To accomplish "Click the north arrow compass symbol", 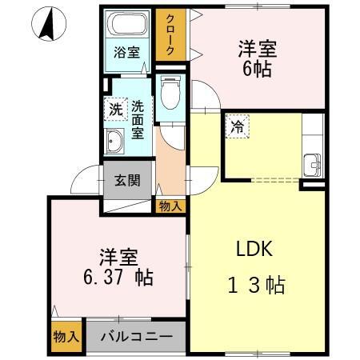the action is coord(49,23).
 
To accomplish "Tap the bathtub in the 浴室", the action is coord(127,23).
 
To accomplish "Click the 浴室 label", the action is coord(126,52).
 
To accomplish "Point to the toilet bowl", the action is coord(170,93).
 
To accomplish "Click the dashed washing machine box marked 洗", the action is coord(116,110).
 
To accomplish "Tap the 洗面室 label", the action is coord(138,119).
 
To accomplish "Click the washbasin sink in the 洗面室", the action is coord(114,141).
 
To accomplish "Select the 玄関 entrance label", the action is coord(127,180).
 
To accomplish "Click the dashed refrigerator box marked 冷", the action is coord(237,126).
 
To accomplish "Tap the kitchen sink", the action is coord(312,165).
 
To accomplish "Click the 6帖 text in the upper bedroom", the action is coord(257,69).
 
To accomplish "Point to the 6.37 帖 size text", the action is coord(118,278).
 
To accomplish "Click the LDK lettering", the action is coord(254,249).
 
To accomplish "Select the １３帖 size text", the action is coord(257,285).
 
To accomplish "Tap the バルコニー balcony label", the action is coord(137,337).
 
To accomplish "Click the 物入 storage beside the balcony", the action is coord(66,337).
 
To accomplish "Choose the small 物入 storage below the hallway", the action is coord(170,206).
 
